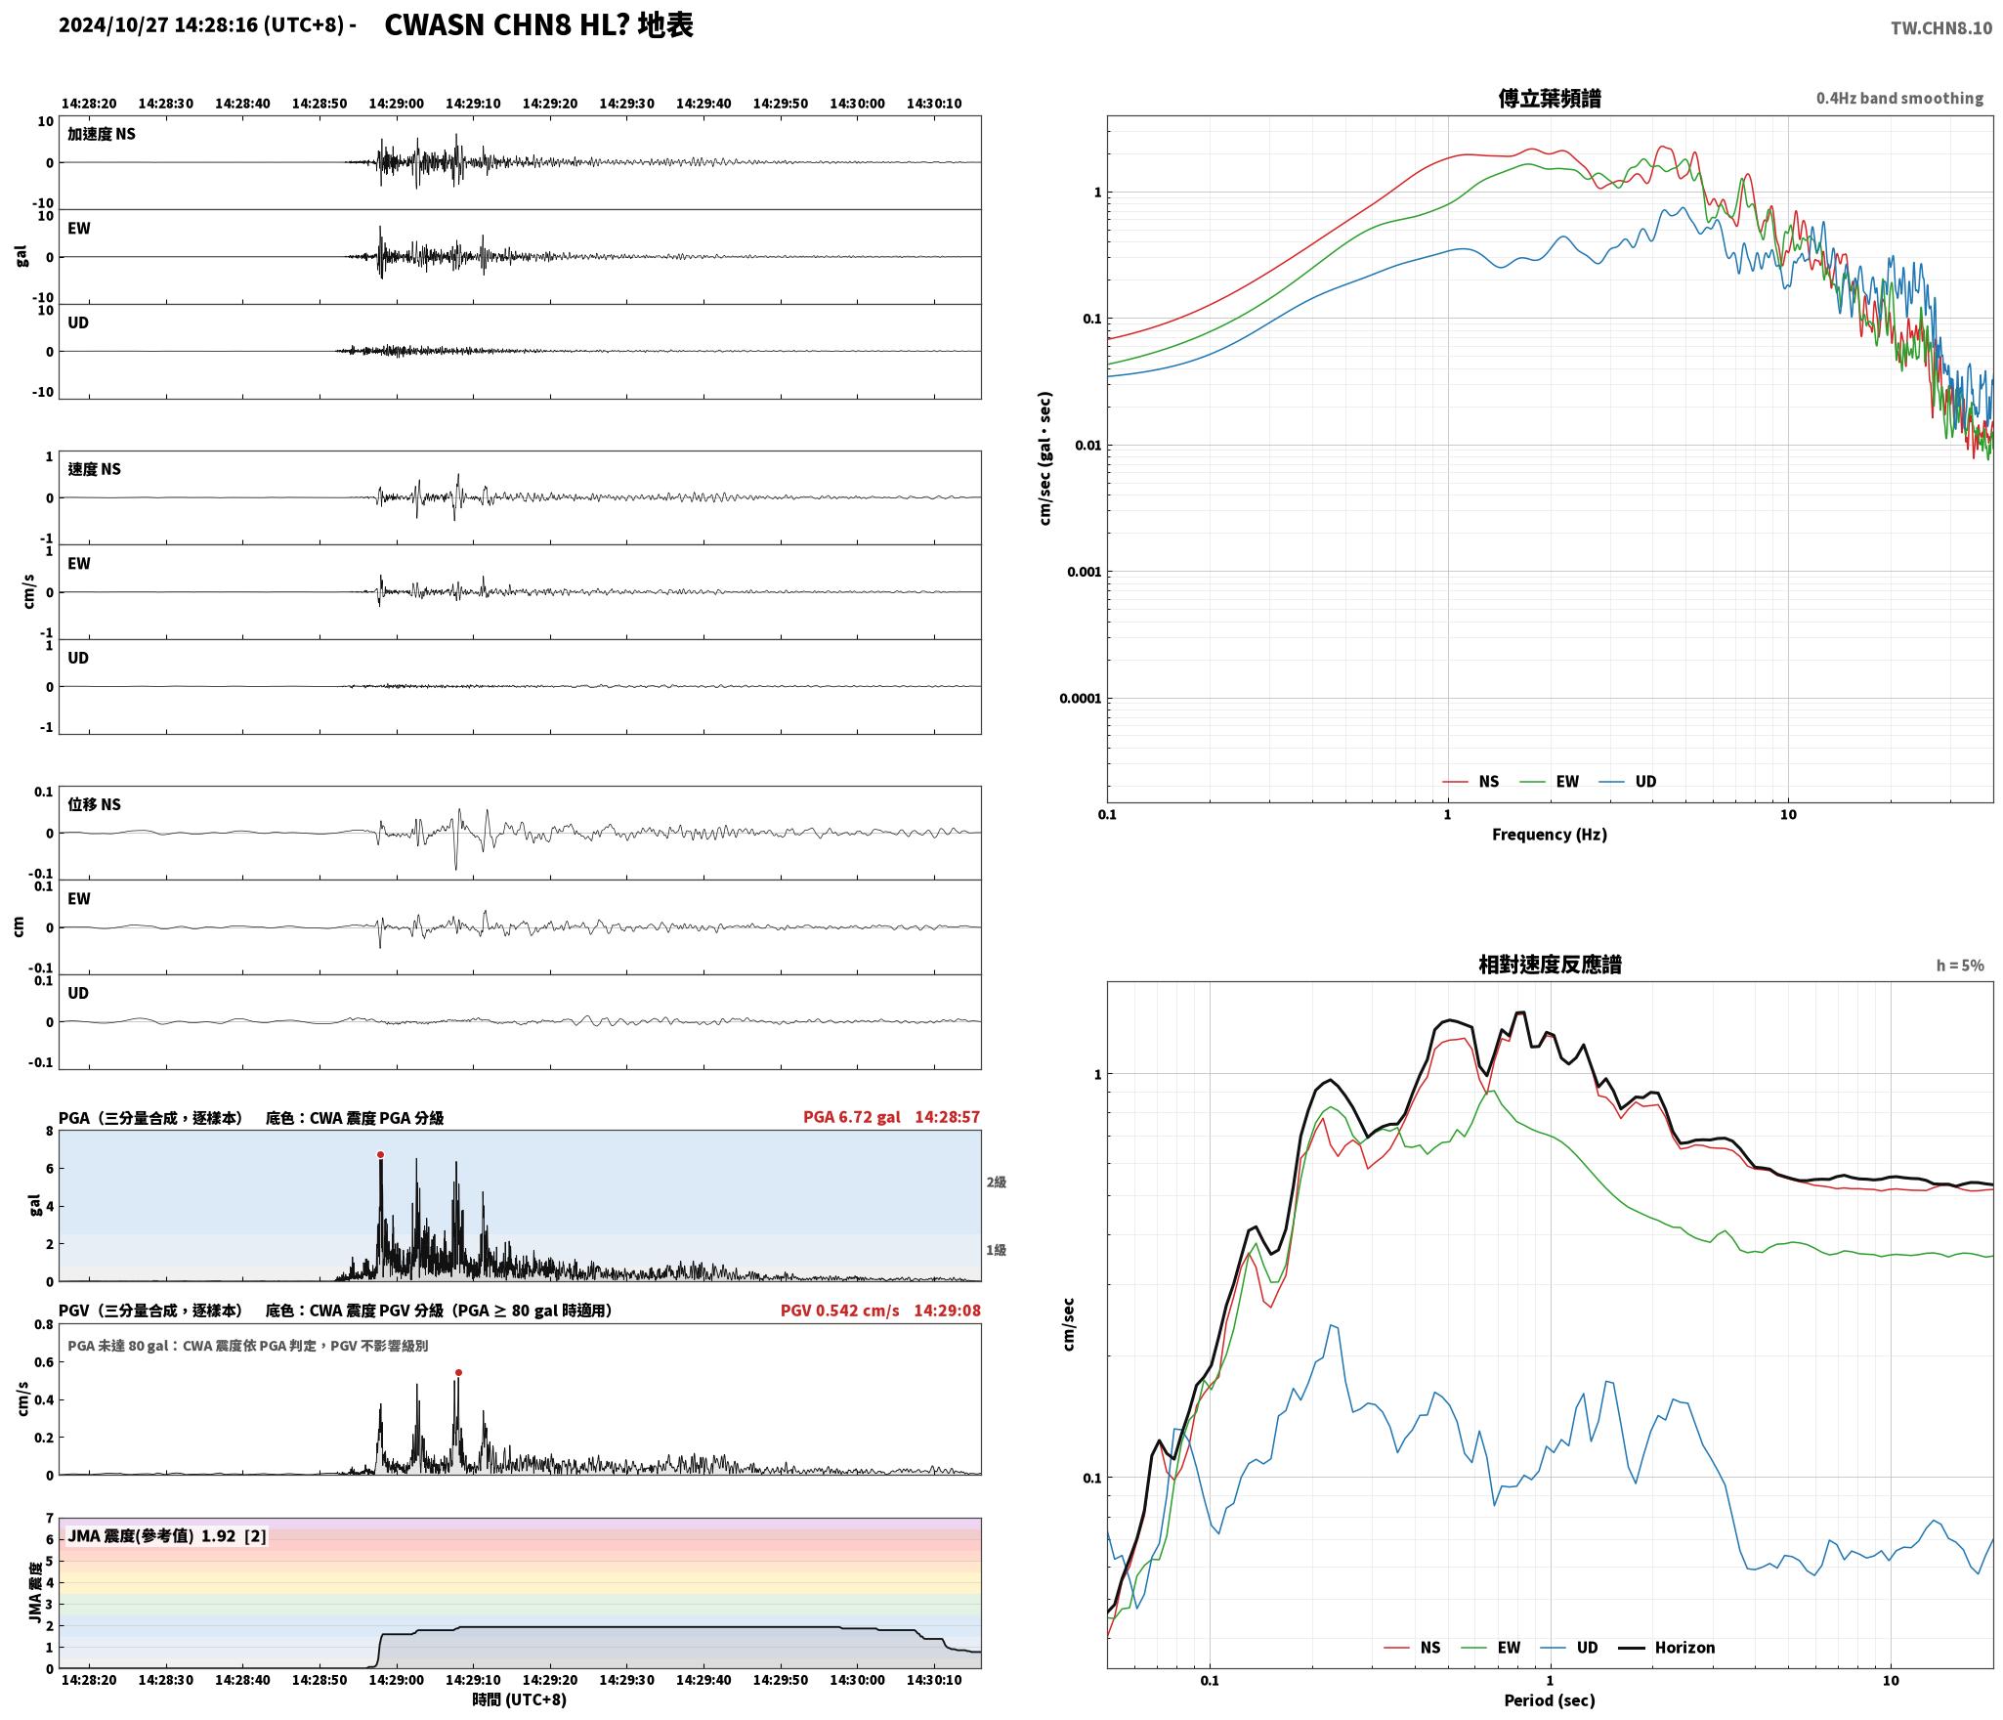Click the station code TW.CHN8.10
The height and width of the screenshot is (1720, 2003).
(1940, 27)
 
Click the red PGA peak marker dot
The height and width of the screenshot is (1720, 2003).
(380, 1154)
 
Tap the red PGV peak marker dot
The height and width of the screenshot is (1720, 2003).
(458, 1372)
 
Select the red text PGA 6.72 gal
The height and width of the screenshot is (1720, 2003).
(852, 1116)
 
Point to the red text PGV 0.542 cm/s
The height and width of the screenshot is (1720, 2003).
(839, 1310)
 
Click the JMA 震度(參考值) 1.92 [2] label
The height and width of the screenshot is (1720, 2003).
(166, 1535)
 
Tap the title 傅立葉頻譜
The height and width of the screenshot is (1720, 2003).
(1550, 98)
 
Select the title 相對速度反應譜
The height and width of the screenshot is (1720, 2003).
(1550, 965)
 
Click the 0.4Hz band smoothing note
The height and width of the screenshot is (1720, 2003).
(1899, 98)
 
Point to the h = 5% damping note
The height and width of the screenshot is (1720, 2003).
(1960, 966)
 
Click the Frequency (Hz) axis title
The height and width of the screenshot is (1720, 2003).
(1550, 834)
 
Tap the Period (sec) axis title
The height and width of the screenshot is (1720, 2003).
(1550, 1699)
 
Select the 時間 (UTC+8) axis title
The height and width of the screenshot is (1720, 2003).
(519, 1698)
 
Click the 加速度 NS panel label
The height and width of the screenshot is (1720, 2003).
(102, 134)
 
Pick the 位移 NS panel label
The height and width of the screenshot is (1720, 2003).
(94, 804)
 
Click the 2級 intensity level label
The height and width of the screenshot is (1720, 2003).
(996, 1182)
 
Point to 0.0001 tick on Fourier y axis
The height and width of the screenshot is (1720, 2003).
(1080, 698)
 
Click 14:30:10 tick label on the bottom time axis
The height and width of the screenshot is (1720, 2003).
(934, 1680)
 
